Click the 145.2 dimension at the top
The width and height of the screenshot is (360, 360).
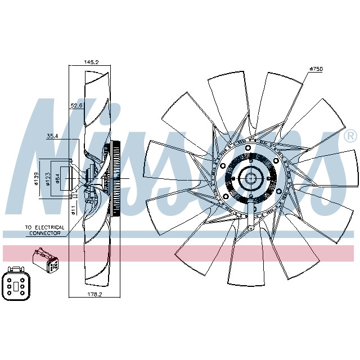pos(90,62)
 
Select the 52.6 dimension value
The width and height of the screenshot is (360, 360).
pos(77,105)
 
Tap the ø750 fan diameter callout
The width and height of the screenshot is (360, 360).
pos(316,69)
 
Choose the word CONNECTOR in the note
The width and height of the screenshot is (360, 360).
pos(44,232)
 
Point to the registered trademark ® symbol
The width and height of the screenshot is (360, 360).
pos(349,136)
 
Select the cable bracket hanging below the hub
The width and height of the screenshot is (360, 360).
pos(249,217)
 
